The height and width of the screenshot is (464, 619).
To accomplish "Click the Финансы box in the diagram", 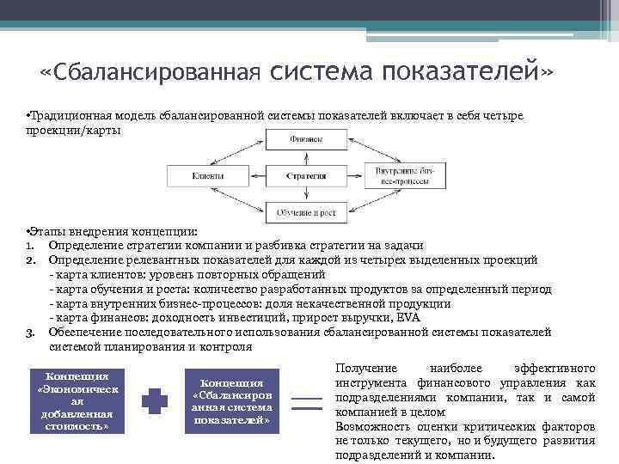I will pos(306,139).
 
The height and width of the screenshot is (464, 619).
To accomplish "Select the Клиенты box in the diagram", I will pos(208,175).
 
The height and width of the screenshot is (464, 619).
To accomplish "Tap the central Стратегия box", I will pos(306,175).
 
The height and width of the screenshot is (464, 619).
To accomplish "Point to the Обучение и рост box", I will pos(306,211).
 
